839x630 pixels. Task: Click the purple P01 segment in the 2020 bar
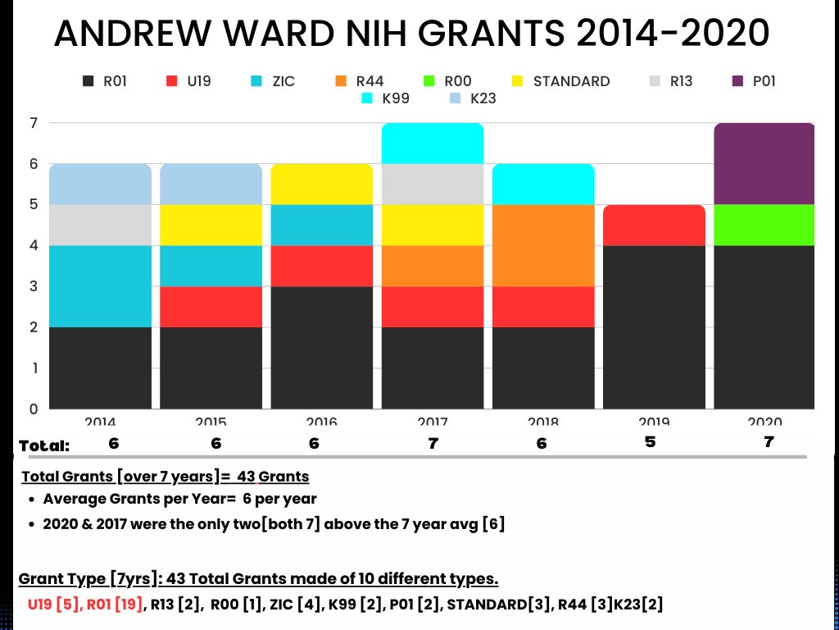[764, 164]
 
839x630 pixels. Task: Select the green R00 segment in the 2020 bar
[764, 225]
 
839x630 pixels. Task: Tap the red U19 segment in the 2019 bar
[654, 225]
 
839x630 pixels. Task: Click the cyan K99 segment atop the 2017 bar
[433, 144]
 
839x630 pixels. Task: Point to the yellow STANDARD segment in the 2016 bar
[322, 185]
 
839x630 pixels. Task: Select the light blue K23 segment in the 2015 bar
[211, 185]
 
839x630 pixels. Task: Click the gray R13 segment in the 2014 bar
[101, 225]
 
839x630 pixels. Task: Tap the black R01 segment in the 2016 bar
[322, 347]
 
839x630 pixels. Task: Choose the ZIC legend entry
[274, 81]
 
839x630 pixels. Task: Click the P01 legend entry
[754, 81]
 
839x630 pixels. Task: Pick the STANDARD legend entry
[561, 81]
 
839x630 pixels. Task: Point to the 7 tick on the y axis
[34, 124]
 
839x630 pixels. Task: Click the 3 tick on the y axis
[34, 286]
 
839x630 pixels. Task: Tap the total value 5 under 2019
[650, 443]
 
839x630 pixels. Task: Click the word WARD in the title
[265, 34]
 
